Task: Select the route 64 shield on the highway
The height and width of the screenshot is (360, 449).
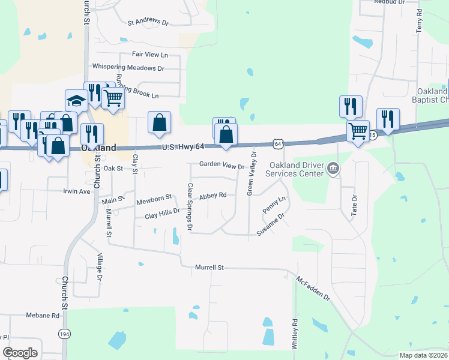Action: click(x=277, y=143)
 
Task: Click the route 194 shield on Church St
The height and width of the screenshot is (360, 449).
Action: click(x=64, y=332)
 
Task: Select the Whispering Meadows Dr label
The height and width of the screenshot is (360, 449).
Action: click(x=128, y=68)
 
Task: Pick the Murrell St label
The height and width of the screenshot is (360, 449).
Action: click(x=209, y=267)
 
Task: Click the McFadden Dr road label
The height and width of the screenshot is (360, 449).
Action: click(x=313, y=289)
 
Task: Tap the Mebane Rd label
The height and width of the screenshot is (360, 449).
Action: click(x=43, y=315)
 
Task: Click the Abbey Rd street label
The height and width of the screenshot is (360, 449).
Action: click(x=212, y=196)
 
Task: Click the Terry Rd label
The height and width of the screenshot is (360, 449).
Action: click(x=420, y=24)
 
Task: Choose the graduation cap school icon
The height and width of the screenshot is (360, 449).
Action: click(x=76, y=101)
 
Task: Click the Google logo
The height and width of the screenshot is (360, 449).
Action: click(x=20, y=353)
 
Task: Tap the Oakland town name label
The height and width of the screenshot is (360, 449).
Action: click(x=98, y=148)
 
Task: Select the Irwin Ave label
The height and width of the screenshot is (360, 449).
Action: click(x=76, y=191)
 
